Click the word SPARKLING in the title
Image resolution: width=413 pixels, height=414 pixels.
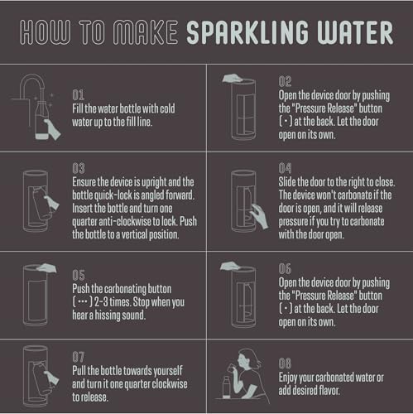(x=247, y=32)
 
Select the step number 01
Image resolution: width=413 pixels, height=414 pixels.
(x=78, y=95)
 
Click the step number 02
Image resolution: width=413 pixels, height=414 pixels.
(x=285, y=82)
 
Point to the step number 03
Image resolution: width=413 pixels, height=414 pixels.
(x=79, y=168)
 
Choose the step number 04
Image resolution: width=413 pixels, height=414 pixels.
(x=285, y=168)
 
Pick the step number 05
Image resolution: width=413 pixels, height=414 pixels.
(x=79, y=275)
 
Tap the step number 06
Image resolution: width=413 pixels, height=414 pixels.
(x=285, y=269)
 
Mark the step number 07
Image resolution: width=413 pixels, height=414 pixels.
(x=79, y=357)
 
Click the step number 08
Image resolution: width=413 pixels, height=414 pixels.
(x=285, y=363)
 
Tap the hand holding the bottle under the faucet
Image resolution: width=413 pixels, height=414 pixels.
(x=51, y=129)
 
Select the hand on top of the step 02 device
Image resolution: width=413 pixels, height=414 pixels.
(x=233, y=78)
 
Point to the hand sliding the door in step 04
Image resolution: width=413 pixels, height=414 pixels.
(x=259, y=216)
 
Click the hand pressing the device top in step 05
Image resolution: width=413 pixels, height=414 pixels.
(x=46, y=268)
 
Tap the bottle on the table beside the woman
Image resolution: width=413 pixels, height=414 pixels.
(x=227, y=387)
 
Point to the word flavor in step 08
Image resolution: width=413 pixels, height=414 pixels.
(x=329, y=390)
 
